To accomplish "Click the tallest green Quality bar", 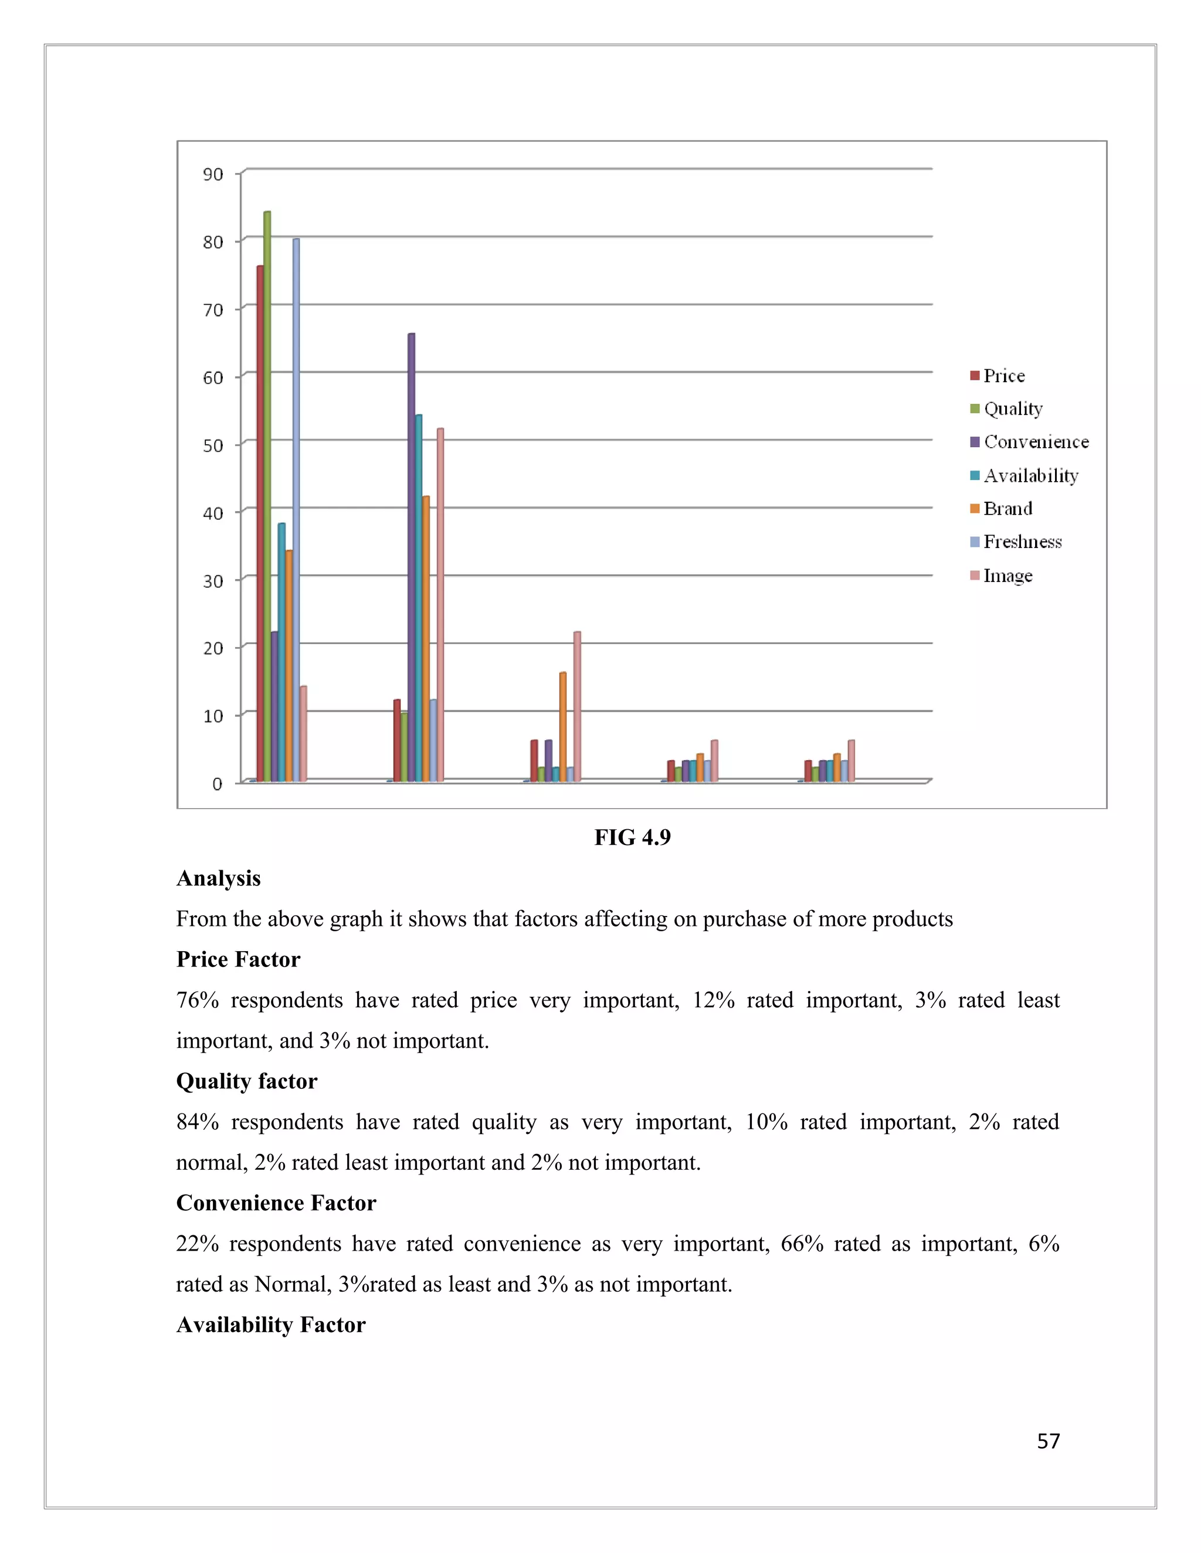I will (x=267, y=498).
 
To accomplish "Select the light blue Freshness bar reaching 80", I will (x=296, y=512).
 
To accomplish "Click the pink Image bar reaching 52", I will (x=440, y=604).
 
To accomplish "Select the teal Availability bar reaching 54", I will (x=418, y=597).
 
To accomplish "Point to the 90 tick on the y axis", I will (x=213, y=174).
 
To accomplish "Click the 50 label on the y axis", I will (x=213, y=445).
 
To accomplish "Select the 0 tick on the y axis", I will (x=217, y=784).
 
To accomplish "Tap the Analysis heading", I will (x=218, y=878).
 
